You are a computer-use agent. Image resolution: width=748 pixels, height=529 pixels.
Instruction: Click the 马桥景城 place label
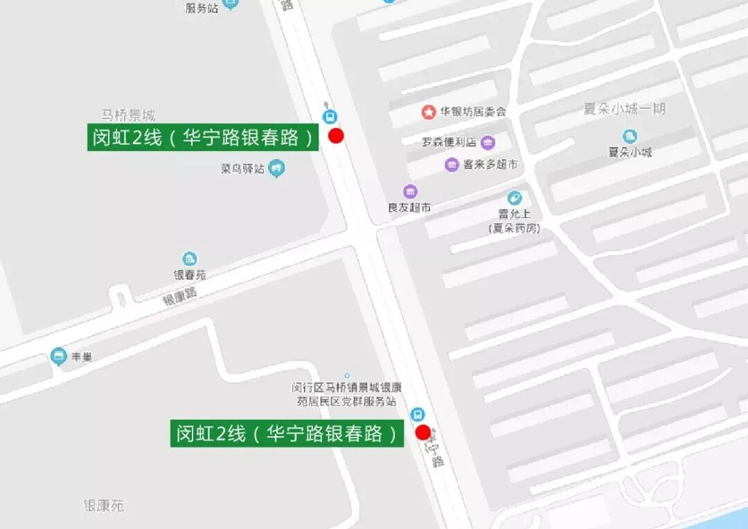(x=128, y=115)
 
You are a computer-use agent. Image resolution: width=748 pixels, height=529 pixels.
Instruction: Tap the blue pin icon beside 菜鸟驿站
(x=277, y=168)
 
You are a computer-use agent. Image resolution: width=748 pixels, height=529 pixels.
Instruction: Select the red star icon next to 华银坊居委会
(x=429, y=111)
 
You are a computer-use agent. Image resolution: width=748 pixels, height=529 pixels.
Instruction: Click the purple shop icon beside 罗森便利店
(x=488, y=143)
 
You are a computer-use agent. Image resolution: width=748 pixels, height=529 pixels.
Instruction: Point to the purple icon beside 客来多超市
(x=452, y=165)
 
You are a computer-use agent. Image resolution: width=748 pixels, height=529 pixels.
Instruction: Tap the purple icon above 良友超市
(x=410, y=192)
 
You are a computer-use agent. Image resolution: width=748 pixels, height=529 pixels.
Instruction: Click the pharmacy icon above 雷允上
(x=514, y=199)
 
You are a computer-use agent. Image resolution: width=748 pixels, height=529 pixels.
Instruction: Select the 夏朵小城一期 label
(x=625, y=109)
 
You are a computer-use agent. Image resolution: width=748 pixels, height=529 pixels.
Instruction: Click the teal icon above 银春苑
(x=189, y=259)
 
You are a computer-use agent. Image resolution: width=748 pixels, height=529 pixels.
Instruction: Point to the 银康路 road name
(x=180, y=296)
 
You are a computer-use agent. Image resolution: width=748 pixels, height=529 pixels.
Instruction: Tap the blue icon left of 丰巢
(x=59, y=357)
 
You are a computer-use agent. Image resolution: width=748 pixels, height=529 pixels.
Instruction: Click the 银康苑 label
(x=103, y=505)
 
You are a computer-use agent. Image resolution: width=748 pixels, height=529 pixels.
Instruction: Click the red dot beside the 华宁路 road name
(x=422, y=433)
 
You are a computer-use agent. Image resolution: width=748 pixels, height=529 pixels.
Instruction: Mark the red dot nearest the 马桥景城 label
(x=336, y=136)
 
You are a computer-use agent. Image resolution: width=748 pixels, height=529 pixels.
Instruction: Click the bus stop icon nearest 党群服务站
(x=417, y=414)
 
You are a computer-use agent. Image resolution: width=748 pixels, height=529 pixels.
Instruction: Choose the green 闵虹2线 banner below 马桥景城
(x=203, y=137)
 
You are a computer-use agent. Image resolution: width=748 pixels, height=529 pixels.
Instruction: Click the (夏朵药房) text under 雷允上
(x=513, y=228)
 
